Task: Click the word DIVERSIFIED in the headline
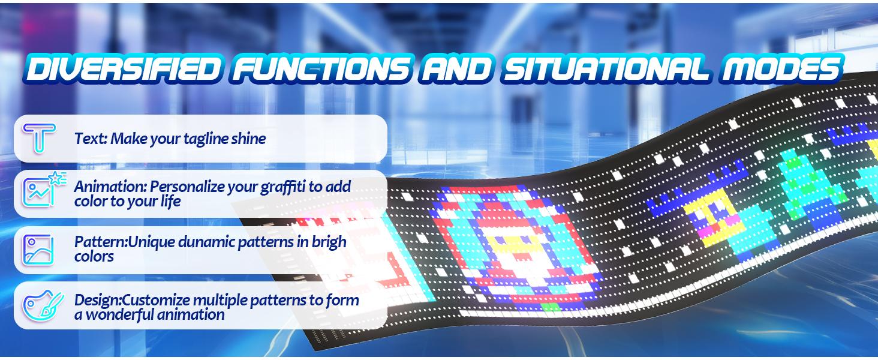[x=119, y=70]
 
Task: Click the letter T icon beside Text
[x=39, y=138]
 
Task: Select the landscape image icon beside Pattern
[x=38, y=249]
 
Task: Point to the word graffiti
[x=282, y=186]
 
